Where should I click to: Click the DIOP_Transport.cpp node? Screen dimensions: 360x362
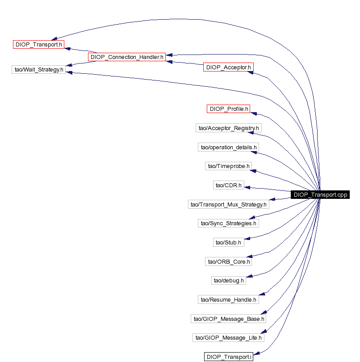(x=320, y=194)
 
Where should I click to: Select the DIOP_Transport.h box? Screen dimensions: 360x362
(x=38, y=44)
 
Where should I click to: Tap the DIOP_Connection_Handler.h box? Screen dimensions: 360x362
(x=127, y=57)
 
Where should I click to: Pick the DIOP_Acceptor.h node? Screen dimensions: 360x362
(x=229, y=67)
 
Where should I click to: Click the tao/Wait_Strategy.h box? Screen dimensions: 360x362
(x=39, y=69)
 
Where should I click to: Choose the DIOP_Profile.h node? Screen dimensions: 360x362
(x=229, y=109)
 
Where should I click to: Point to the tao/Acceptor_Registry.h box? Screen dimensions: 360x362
(x=229, y=128)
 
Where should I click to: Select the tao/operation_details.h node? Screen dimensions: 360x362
(x=229, y=147)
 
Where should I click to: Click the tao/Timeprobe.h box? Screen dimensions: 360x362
(x=229, y=166)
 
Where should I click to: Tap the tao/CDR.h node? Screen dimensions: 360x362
(x=229, y=185)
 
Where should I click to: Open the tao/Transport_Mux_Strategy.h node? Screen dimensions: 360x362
(x=229, y=204)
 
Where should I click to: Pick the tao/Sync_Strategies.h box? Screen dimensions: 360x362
(x=229, y=223)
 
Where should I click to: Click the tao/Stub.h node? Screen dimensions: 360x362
(x=229, y=242)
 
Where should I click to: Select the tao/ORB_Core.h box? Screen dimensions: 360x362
(x=229, y=261)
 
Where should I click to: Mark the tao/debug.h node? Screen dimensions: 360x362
(x=229, y=281)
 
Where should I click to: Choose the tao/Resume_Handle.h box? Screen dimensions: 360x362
(x=229, y=300)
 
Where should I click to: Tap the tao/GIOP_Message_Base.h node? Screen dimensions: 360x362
(x=229, y=319)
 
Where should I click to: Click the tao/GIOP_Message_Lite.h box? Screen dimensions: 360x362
(x=229, y=338)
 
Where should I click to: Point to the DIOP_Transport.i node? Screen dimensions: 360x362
(x=229, y=357)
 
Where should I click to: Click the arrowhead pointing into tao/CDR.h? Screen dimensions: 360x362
(x=247, y=187)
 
